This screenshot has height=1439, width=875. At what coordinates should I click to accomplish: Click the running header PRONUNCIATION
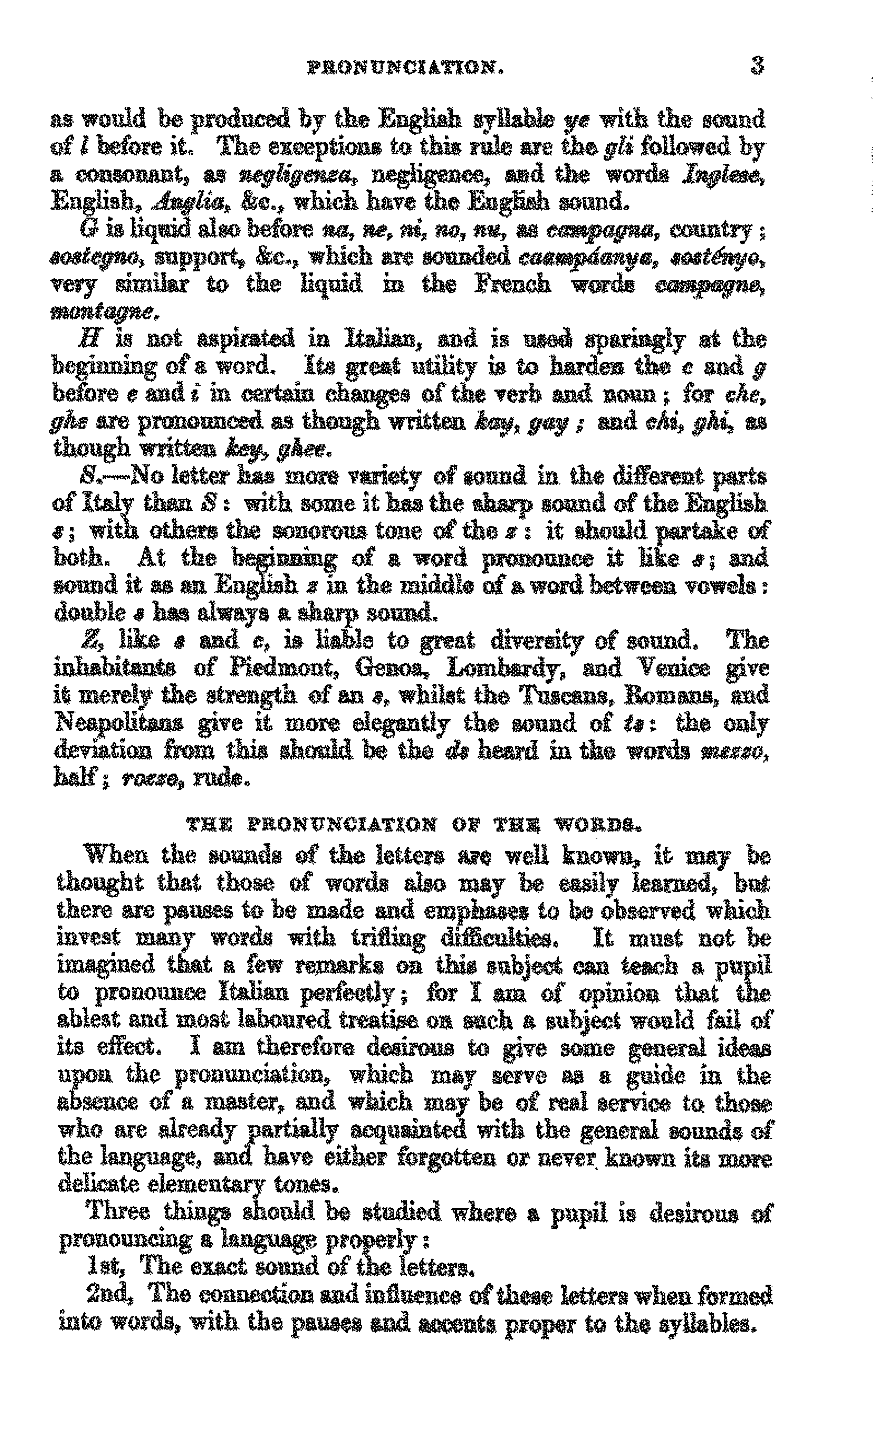point(405,69)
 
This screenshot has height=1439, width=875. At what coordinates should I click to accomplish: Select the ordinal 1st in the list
point(103,1266)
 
